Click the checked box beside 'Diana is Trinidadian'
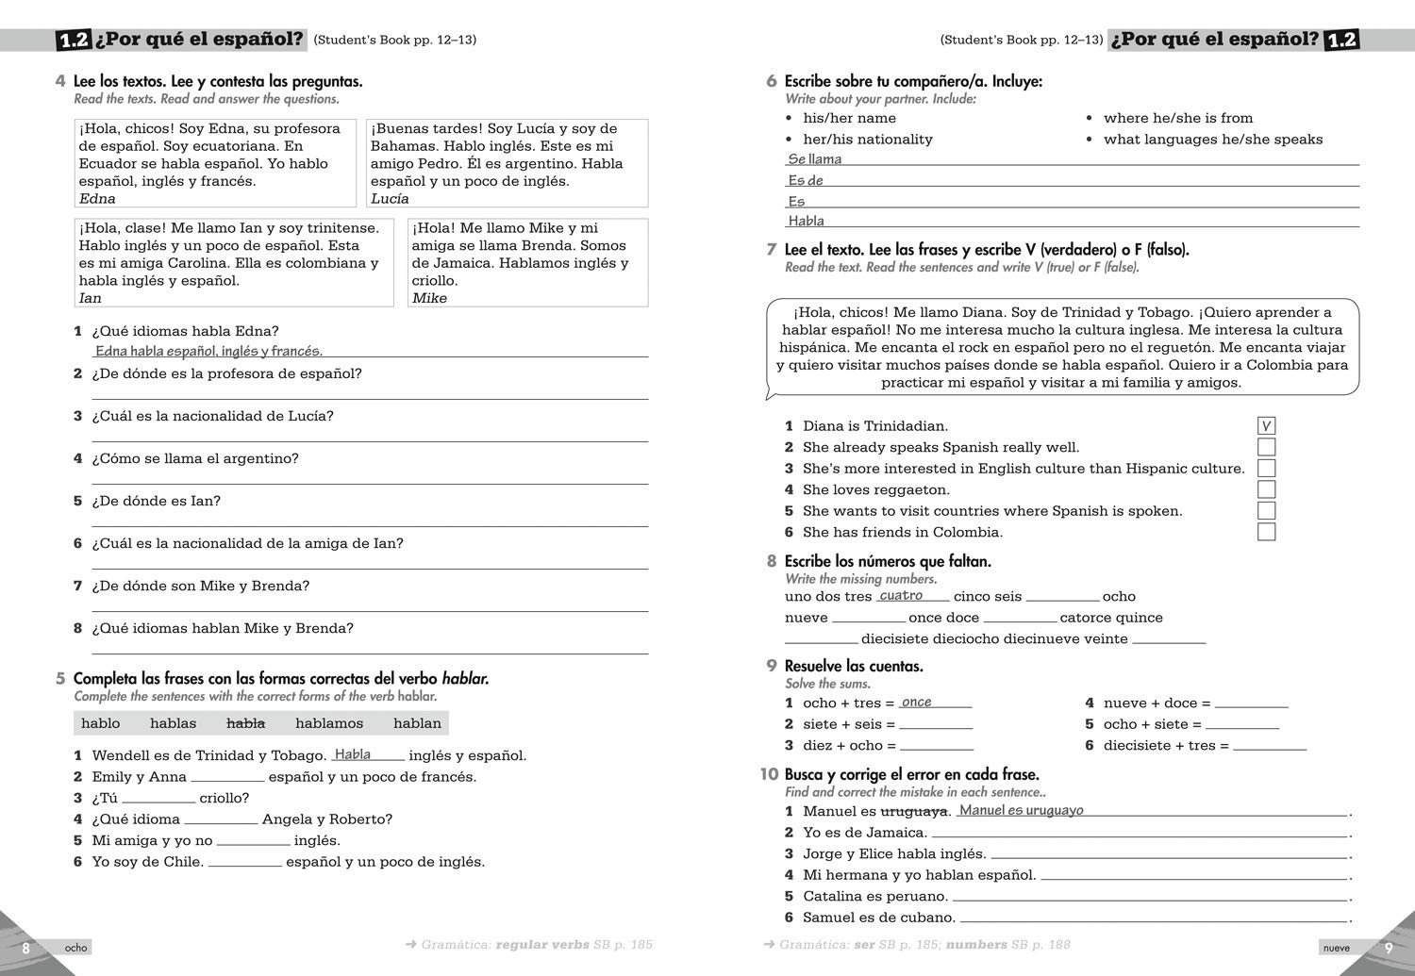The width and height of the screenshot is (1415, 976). (x=1266, y=426)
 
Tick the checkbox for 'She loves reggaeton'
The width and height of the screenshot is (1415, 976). (x=1266, y=489)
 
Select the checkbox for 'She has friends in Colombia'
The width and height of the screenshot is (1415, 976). (x=1266, y=532)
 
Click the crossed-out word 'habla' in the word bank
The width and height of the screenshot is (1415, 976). (x=245, y=723)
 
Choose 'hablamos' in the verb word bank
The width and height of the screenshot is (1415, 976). (x=329, y=723)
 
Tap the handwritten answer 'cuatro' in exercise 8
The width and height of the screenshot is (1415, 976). (x=901, y=595)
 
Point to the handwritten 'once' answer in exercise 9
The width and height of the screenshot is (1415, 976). (x=916, y=702)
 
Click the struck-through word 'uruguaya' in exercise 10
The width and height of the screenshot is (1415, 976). (x=913, y=811)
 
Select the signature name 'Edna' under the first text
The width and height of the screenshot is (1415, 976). (x=97, y=199)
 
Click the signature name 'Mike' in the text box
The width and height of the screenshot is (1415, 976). (x=429, y=298)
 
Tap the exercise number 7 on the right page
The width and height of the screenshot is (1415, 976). (x=772, y=250)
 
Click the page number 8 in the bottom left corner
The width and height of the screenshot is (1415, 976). (x=26, y=948)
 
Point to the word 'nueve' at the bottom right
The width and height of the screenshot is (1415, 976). (x=1336, y=948)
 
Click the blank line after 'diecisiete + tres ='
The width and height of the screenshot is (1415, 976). (x=1270, y=746)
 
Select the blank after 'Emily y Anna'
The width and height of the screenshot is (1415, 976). (x=227, y=778)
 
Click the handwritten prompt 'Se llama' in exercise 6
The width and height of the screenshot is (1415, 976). (x=815, y=159)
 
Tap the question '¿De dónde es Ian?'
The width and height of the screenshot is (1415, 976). (x=156, y=501)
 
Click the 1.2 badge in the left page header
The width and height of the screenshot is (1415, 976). (x=73, y=40)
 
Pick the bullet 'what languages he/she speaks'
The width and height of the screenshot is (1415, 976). (x=1212, y=140)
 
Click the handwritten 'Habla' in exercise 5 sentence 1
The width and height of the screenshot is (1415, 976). (x=353, y=754)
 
